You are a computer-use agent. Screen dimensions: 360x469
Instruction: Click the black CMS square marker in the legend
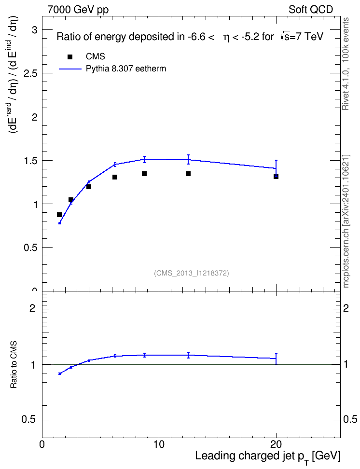point(69,57)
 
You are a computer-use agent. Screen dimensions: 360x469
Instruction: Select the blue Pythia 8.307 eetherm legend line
point(70,69)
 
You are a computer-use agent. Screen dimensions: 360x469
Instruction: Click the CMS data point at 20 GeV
point(276,177)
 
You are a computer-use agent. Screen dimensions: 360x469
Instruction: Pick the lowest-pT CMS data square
point(59,214)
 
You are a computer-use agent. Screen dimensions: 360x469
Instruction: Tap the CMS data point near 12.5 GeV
point(188,174)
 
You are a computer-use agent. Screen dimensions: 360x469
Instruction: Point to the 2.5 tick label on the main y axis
point(30,73)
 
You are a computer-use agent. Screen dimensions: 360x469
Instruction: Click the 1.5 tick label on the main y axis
point(30,161)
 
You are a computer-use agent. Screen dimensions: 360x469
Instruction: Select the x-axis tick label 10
point(159,444)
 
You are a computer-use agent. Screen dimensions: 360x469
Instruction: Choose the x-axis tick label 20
point(276,444)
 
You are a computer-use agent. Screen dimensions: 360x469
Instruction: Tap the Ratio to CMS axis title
point(14,365)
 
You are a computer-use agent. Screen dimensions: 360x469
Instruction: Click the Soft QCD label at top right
point(311,10)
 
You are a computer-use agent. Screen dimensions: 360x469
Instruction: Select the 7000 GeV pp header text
point(78,10)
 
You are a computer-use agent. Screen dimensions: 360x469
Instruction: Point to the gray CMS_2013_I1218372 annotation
point(192,273)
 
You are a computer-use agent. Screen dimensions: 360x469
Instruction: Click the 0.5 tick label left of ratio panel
point(29,420)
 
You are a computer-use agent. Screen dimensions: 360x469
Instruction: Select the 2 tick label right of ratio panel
point(346,308)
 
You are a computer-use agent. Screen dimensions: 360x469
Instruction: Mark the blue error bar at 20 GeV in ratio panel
point(276,359)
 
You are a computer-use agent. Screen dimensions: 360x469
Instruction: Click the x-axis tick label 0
point(42,444)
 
